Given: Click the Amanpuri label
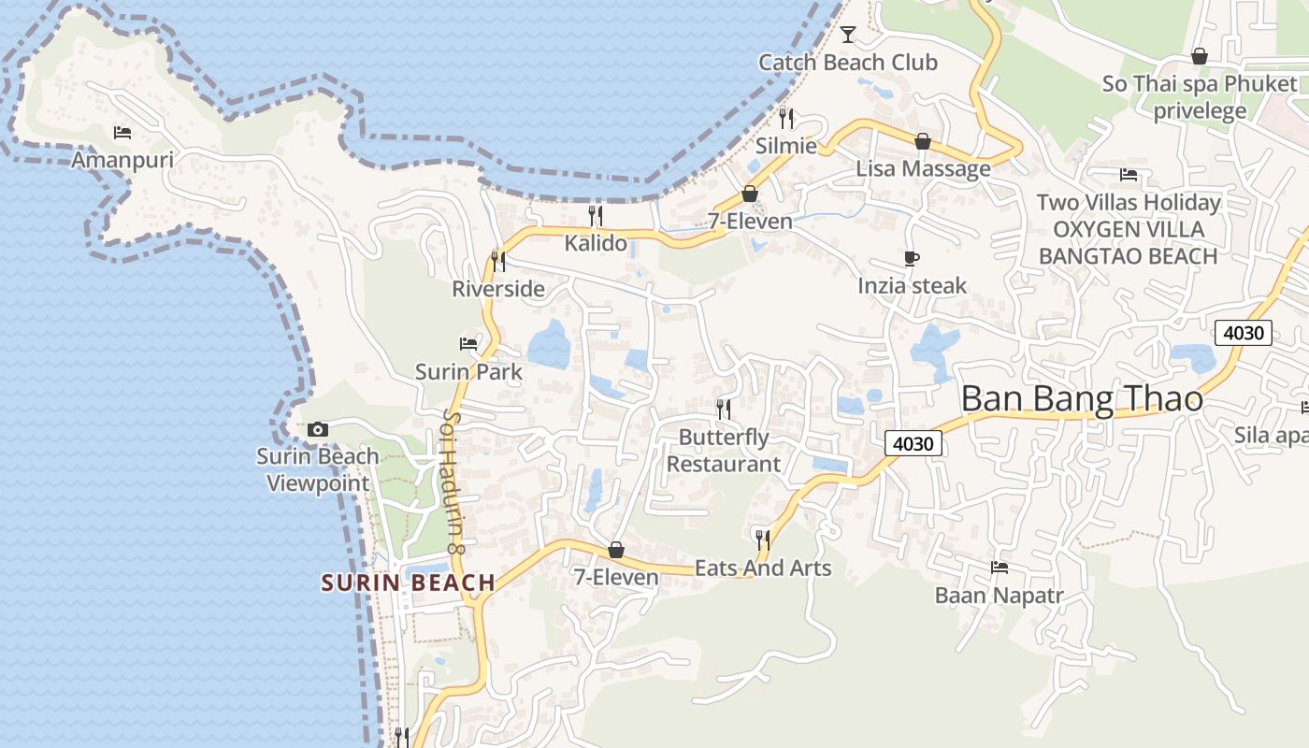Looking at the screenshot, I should (122, 160).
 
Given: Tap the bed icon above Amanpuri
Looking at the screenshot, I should (122, 133).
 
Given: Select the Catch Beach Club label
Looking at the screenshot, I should (847, 63).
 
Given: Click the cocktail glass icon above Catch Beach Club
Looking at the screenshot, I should (848, 35).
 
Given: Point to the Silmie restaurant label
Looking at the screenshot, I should (785, 146).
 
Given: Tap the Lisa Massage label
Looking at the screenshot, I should (923, 168).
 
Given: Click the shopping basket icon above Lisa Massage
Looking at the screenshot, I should (923, 141).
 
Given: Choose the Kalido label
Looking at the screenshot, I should (596, 243).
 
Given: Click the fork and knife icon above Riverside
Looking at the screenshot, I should (498, 261).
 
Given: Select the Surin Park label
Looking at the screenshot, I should (468, 371).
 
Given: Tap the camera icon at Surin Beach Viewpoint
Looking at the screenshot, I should (318, 429).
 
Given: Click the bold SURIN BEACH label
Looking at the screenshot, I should (408, 583).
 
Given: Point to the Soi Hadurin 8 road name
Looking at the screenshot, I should (454, 482).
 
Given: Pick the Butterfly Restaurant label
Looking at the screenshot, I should (723, 450).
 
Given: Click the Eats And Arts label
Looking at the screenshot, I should (763, 568).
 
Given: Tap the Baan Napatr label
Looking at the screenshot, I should (1000, 595).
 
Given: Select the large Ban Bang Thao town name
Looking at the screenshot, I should (1082, 399).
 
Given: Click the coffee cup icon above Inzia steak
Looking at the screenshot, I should (912, 258).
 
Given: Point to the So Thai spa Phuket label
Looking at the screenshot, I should (1200, 83).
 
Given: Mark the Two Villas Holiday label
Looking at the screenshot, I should (1129, 202).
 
